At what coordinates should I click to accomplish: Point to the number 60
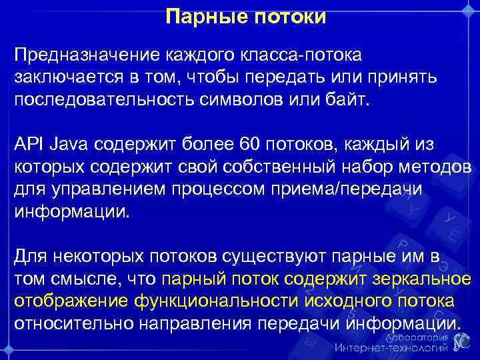258,143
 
